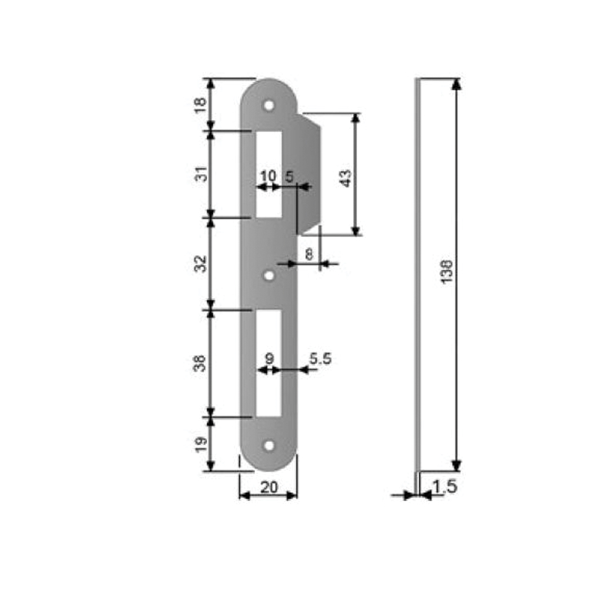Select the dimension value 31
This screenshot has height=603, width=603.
coord(200,174)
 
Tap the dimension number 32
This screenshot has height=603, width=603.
coord(200,264)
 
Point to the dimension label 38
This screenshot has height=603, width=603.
coord(200,364)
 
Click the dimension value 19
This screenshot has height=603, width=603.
coord(200,445)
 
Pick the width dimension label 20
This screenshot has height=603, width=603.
coord(269,487)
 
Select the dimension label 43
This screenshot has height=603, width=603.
coord(346,178)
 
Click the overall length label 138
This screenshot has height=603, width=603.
coord(446,272)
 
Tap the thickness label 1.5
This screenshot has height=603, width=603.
coord(445,487)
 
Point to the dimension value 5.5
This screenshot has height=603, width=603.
coord(320,359)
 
